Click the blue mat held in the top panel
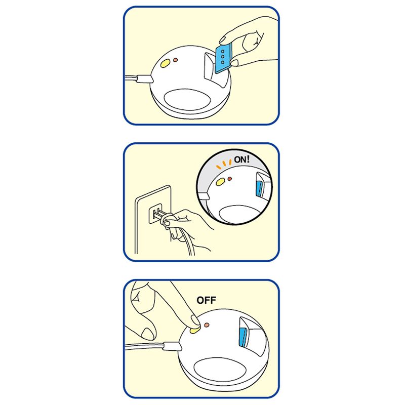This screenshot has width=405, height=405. pos(223,59)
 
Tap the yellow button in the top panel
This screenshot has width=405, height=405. pos(165,63)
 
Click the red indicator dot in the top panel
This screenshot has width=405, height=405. pos(175,60)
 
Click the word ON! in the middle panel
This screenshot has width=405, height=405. pos(242,159)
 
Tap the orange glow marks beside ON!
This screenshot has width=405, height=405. pos(224,165)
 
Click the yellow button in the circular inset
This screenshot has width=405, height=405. pos(220,182)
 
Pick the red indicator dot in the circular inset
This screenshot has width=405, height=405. pos(230,179)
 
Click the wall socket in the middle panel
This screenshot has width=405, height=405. pos(155,214)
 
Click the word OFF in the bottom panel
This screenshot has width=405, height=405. pos(206,300)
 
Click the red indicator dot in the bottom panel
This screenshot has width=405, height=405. pos(207,325)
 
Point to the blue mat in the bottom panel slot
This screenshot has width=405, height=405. pos(243,337)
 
